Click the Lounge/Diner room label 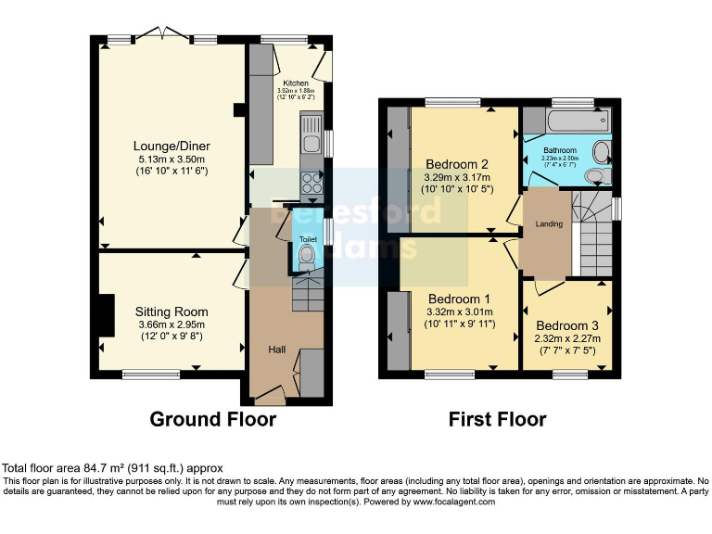coord(172,146)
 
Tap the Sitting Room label coord(172,311)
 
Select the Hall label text coord(277,350)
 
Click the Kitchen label coord(297,82)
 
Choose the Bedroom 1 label coord(459,299)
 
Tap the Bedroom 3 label coord(567,325)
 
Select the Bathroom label coord(560,150)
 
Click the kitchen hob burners coord(311,183)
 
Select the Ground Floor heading coord(212,419)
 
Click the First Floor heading coord(497,419)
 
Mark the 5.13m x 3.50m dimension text coord(172,159)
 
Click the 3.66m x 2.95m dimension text coord(172,324)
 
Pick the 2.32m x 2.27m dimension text coord(567,338)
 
